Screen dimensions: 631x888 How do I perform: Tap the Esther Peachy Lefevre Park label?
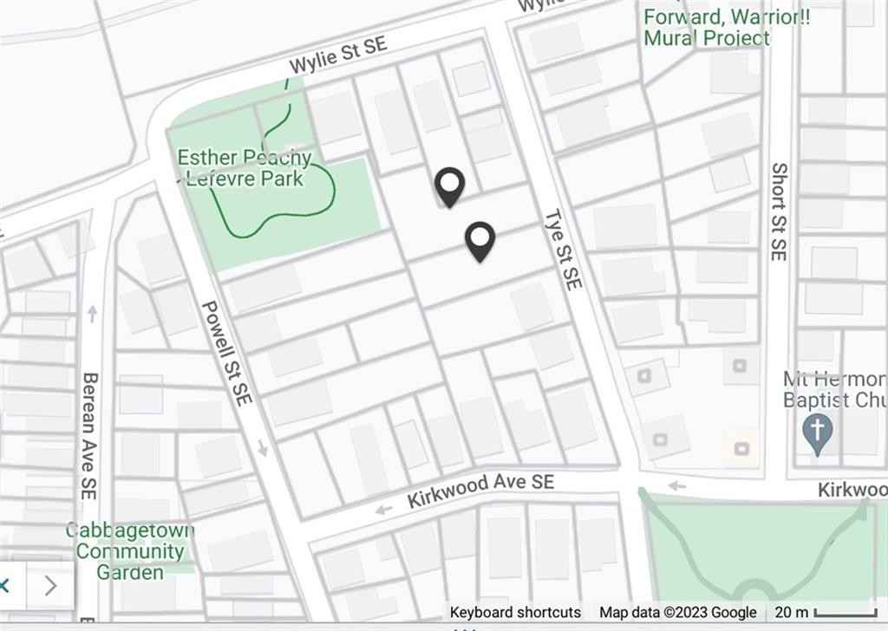244,168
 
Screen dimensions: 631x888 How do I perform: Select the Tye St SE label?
564,250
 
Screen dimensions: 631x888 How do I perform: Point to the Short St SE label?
778,212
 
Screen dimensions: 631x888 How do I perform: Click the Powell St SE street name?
226,354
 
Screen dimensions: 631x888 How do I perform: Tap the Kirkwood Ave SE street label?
480,491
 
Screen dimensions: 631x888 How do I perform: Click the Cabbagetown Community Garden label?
129,551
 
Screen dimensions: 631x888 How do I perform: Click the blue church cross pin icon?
818,431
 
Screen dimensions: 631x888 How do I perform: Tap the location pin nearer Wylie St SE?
449,185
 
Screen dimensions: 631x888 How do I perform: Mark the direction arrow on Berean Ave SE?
93,313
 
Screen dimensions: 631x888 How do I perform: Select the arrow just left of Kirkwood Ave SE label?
382,510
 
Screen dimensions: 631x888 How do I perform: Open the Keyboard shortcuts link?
515,612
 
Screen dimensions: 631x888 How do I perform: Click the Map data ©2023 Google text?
677,612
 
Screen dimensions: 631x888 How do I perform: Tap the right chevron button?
50,586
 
